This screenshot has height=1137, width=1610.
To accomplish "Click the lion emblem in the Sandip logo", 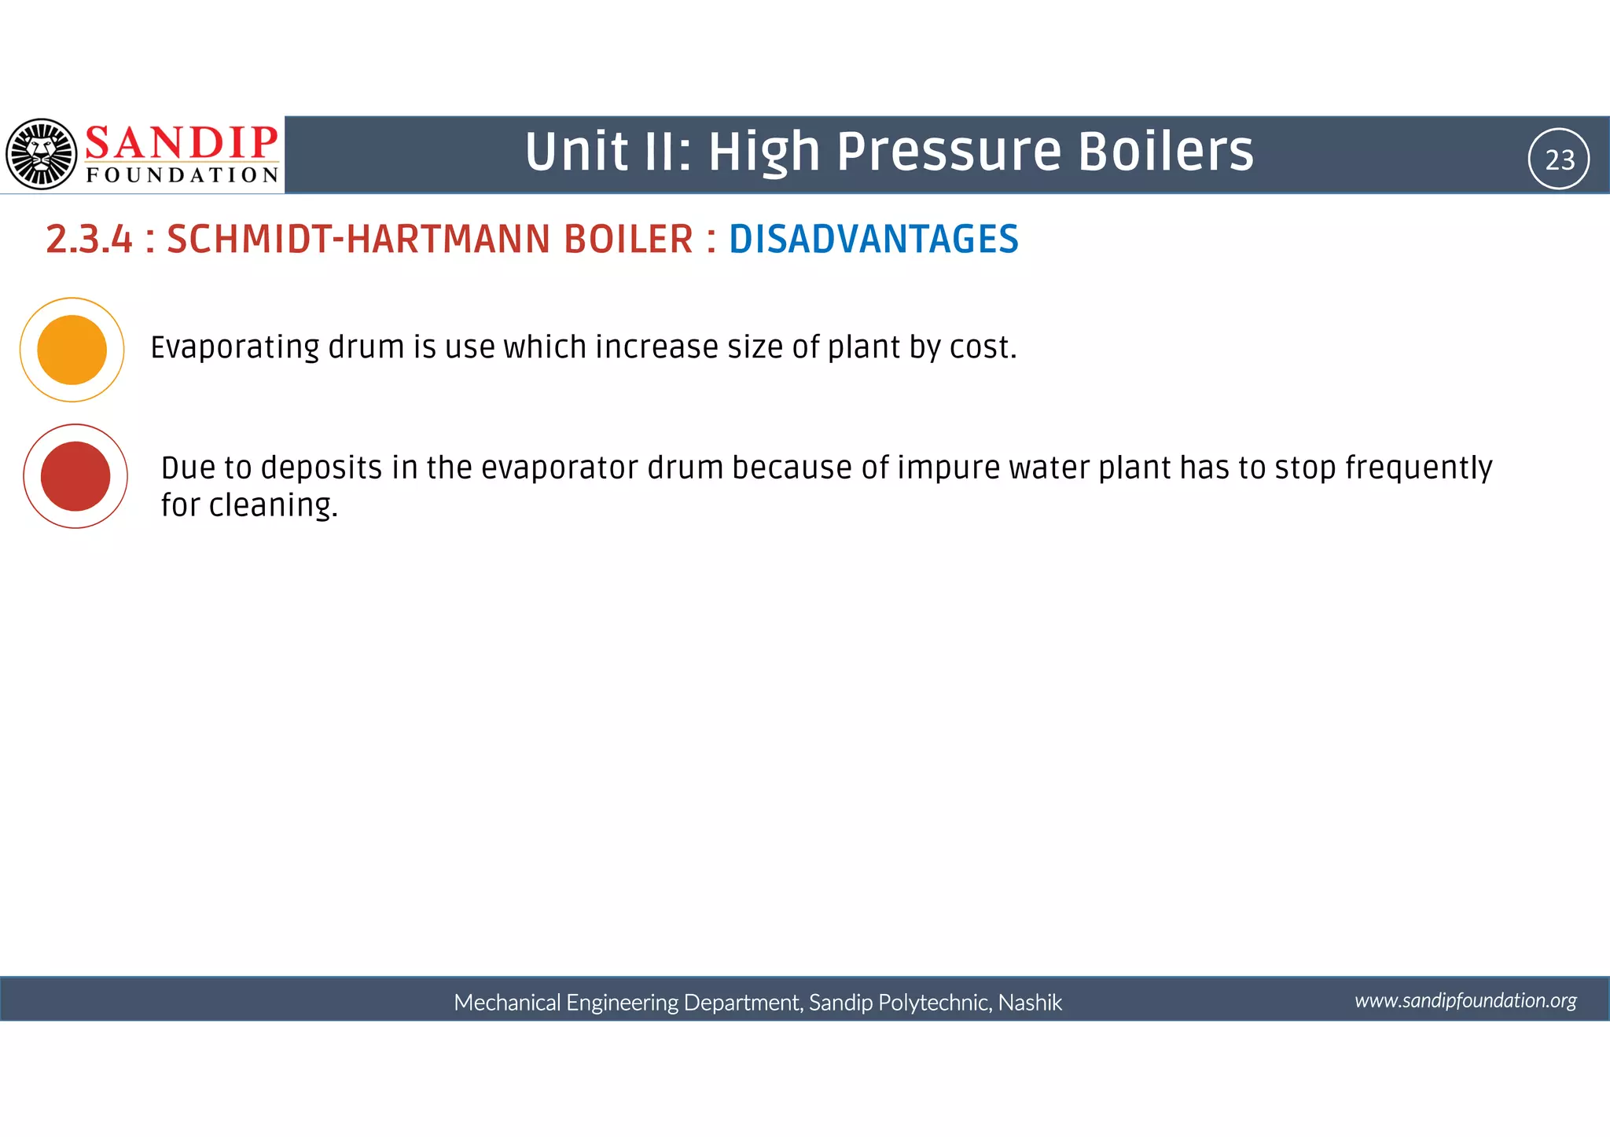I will (42, 154).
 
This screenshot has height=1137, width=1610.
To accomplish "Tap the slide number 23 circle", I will (1559, 160).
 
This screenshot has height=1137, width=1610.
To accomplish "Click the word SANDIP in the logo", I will (182, 143).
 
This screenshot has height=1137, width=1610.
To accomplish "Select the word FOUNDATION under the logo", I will (182, 175).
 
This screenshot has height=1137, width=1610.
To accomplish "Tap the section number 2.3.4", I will (89, 239).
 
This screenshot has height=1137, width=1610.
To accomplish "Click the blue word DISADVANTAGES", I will (873, 239).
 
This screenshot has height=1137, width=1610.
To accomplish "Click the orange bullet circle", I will (72, 350).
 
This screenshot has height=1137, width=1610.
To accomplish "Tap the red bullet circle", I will (75, 476).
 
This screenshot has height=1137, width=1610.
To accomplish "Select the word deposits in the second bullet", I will (322, 468).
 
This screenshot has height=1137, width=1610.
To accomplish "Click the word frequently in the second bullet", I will (1418, 468).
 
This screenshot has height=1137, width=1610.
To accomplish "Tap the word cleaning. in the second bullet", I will (273, 505).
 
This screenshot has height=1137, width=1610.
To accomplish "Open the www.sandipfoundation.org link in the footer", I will (1465, 1000).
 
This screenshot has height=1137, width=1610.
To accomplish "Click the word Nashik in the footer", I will (1030, 1003).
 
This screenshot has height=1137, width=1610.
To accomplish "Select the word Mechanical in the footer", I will (507, 1003).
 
